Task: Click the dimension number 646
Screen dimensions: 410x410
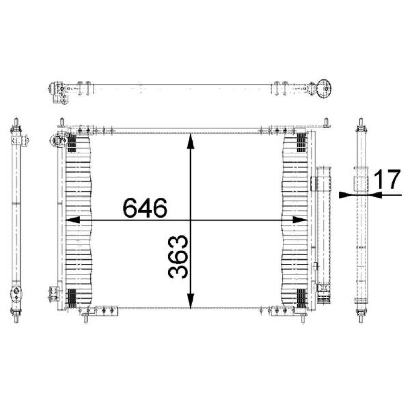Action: [x=145, y=208]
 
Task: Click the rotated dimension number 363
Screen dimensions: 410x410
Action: [x=178, y=257]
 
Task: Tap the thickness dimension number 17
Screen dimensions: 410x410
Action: [x=387, y=179]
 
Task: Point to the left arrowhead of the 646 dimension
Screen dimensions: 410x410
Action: [x=72, y=220]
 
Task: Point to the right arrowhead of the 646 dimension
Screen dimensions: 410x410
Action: [x=300, y=220]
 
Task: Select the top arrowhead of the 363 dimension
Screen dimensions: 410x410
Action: [x=191, y=141]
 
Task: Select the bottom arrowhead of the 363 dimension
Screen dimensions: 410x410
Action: [x=191, y=301]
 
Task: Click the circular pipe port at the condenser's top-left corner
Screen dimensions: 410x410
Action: [x=57, y=140]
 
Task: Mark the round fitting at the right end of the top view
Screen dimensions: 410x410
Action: [x=324, y=88]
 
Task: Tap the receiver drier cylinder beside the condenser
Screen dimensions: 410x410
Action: [x=324, y=235]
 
